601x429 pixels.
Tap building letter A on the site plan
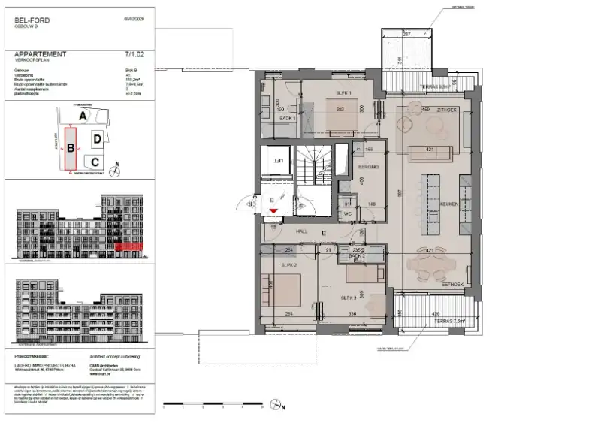[84, 116]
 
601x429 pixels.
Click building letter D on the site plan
[97, 139]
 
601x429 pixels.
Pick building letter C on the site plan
[94, 161]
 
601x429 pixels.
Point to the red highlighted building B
[70, 148]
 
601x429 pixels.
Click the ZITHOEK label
[448, 110]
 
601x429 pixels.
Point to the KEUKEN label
[449, 203]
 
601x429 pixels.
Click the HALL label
[302, 231]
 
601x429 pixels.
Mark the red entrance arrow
[275, 213]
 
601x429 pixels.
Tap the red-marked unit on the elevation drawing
[128, 246]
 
